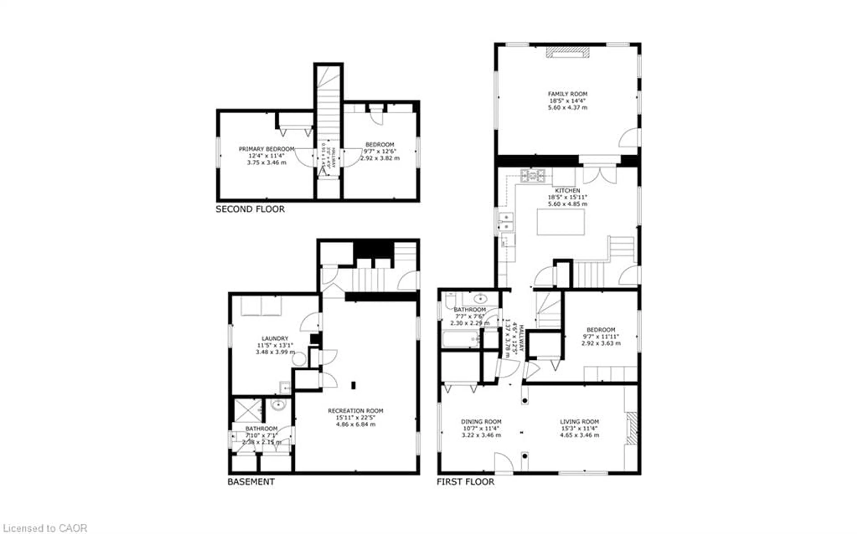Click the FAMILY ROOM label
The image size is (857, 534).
[x=567, y=94]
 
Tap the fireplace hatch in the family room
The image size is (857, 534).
[x=568, y=52]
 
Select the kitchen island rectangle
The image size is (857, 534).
[x=560, y=222]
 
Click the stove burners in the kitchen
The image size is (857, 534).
[x=533, y=175]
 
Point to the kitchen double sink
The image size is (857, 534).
[x=506, y=221]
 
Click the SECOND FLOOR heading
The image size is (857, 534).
[x=250, y=209]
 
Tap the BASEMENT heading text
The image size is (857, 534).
[x=251, y=482]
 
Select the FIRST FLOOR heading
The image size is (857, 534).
[x=465, y=482]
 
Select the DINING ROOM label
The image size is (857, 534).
[x=481, y=422]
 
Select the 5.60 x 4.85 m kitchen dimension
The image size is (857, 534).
[x=567, y=204]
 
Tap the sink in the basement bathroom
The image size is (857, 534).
[x=278, y=404]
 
